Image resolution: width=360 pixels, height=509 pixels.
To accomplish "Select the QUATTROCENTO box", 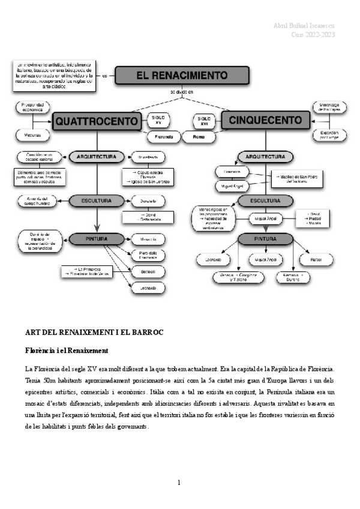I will (96, 122).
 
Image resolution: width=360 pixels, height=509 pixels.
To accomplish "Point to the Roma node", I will (199, 137).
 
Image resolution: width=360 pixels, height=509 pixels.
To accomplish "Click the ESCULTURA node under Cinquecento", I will (265, 200).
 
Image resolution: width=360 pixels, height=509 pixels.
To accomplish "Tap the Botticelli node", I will (148, 271).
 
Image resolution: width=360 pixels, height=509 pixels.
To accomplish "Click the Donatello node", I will (148, 200).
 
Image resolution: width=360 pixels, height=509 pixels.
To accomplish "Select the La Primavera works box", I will (88, 271).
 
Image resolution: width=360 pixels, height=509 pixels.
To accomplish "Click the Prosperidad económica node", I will (32, 107).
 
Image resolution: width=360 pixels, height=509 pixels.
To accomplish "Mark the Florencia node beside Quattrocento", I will (160, 137).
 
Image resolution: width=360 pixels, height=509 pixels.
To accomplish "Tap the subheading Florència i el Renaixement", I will (66, 350).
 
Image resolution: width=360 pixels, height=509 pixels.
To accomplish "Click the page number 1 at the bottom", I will (179, 483).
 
